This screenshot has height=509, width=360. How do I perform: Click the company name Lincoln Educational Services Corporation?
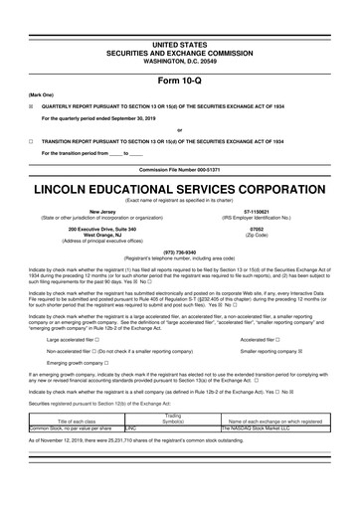tap(179, 187)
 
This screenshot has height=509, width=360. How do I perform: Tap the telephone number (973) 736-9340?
tap(179, 252)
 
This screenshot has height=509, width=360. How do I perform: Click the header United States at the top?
tap(179, 18)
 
